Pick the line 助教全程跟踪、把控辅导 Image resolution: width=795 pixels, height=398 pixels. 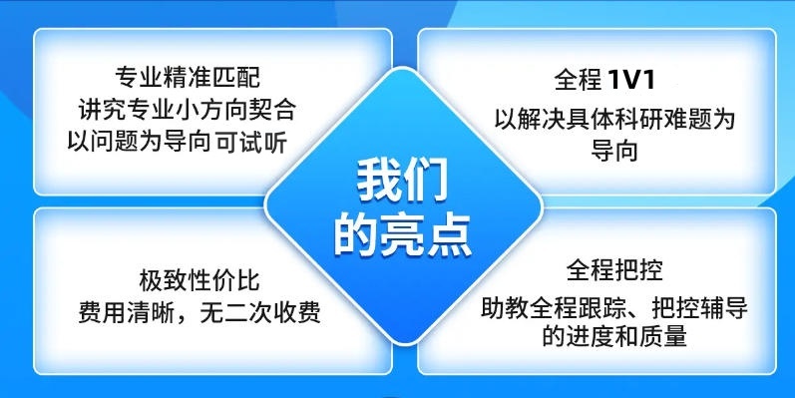[614, 305]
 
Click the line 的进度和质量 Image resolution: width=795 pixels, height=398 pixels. [614, 337]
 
